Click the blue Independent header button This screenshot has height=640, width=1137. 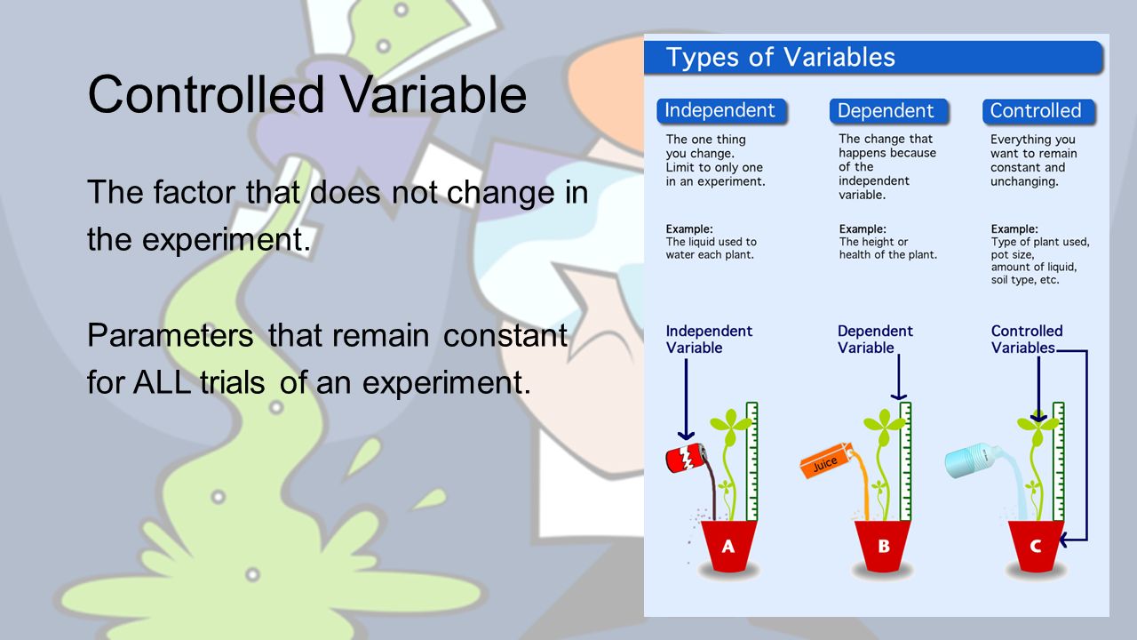click(721, 111)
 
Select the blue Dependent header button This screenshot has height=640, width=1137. click(889, 111)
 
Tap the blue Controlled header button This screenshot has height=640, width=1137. click(1038, 111)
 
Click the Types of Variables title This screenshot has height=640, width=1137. click(780, 57)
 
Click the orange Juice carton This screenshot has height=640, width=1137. click(826, 460)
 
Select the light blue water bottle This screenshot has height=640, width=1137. click(972, 460)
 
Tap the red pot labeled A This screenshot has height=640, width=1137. click(728, 546)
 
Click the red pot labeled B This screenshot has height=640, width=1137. click(883, 546)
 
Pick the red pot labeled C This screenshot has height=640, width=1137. click(1036, 546)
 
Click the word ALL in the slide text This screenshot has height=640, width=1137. click(162, 382)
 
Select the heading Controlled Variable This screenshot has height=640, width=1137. click(307, 95)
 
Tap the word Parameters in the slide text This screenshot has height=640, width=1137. click(170, 336)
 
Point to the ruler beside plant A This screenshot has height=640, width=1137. click(751, 461)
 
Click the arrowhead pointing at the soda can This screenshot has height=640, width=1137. click(687, 435)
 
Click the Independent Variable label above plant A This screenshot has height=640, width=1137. click(709, 340)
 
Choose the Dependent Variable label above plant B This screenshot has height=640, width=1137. click(875, 340)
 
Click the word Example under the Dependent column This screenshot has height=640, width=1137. click(862, 229)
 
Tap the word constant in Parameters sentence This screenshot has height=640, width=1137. click(505, 336)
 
